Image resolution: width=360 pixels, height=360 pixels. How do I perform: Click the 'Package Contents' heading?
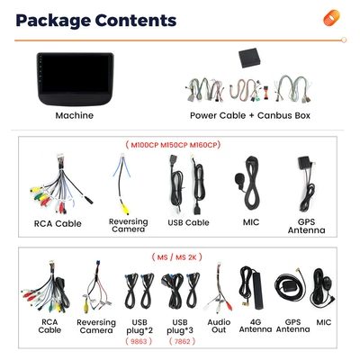pos(96,21)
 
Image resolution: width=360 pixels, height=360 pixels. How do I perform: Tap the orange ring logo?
pos(331,18)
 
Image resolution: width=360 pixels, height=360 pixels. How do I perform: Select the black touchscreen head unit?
pos(75,79)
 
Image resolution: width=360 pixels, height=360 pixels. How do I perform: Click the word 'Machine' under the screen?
pos(75,115)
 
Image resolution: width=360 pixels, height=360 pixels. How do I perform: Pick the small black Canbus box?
pos(249,58)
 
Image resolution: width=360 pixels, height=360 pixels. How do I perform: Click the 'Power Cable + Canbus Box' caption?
pos(250,115)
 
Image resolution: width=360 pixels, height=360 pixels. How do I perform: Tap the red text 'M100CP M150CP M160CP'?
pos(173,145)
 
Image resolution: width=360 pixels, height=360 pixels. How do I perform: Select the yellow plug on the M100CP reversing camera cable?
pos(125,209)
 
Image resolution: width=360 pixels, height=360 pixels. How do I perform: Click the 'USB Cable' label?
pos(188,222)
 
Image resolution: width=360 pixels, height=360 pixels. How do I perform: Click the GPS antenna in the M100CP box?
pos(307,184)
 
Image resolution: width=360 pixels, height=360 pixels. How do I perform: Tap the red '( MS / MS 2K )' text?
pos(176,257)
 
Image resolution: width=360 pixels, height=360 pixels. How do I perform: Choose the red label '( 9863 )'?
pos(139,341)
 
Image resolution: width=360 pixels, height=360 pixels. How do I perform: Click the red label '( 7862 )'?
pos(182,341)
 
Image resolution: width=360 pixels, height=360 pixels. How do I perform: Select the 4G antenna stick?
pos(258,291)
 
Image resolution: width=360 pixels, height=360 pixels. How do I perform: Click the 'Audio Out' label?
pos(219,326)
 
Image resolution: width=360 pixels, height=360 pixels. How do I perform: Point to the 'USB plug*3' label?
pos(180,327)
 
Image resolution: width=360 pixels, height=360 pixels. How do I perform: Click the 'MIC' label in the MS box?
pos(324,322)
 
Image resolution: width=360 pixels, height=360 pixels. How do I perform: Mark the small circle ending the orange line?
pos(344,40)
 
